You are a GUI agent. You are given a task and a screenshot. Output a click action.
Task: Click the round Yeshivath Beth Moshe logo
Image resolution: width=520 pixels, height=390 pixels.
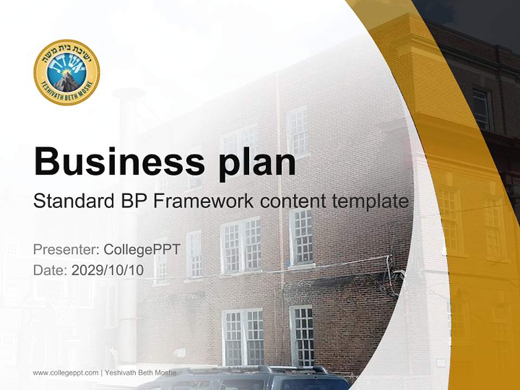click(x=67, y=73)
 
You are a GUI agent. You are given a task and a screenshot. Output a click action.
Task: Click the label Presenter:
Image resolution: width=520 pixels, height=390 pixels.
click(x=66, y=250)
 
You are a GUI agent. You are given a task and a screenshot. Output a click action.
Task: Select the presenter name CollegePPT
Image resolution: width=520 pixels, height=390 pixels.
click(x=141, y=250)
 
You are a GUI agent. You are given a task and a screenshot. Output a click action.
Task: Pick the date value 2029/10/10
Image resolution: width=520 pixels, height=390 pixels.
click(x=108, y=270)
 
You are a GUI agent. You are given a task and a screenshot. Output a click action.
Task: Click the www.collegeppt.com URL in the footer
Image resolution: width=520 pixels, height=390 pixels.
click(x=66, y=373)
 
